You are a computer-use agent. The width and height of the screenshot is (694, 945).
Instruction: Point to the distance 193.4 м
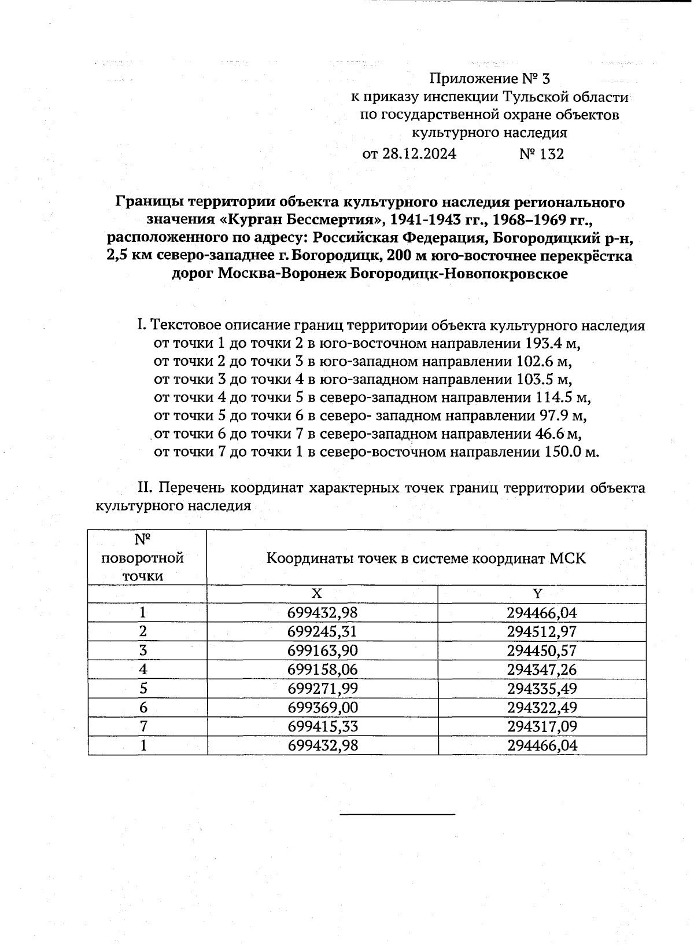pyautogui.click(x=553, y=343)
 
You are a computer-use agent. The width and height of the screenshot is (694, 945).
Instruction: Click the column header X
pyautogui.click(x=316, y=594)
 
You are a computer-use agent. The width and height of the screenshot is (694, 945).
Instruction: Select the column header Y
pyautogui.click(x=537, y=594)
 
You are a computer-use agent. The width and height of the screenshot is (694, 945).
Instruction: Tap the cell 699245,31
pyautogui.click(x=323, y=632)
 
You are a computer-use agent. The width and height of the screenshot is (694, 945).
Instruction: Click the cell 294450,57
pyautogui.click(x=542, y=651)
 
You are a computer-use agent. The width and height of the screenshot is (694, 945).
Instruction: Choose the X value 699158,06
pyautogui.click(x=323, y=670)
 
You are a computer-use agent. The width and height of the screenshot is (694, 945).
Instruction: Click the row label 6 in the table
pyautogui.click(x=143, y=708)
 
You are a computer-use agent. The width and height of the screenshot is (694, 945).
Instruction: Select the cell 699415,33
pyautogui.click(x=323, y=727)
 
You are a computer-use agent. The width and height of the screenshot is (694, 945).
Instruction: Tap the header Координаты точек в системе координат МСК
pyautogui.click(x=426, y=559)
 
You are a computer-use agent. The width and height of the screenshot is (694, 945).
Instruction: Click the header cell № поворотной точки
pyautogui.click(x=143, y=558)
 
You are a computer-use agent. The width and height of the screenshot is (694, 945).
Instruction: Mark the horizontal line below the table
pyautogui.click(x=397, y=815)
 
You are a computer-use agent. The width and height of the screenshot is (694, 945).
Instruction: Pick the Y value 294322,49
pyautogui.click(x=542, y=708)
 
